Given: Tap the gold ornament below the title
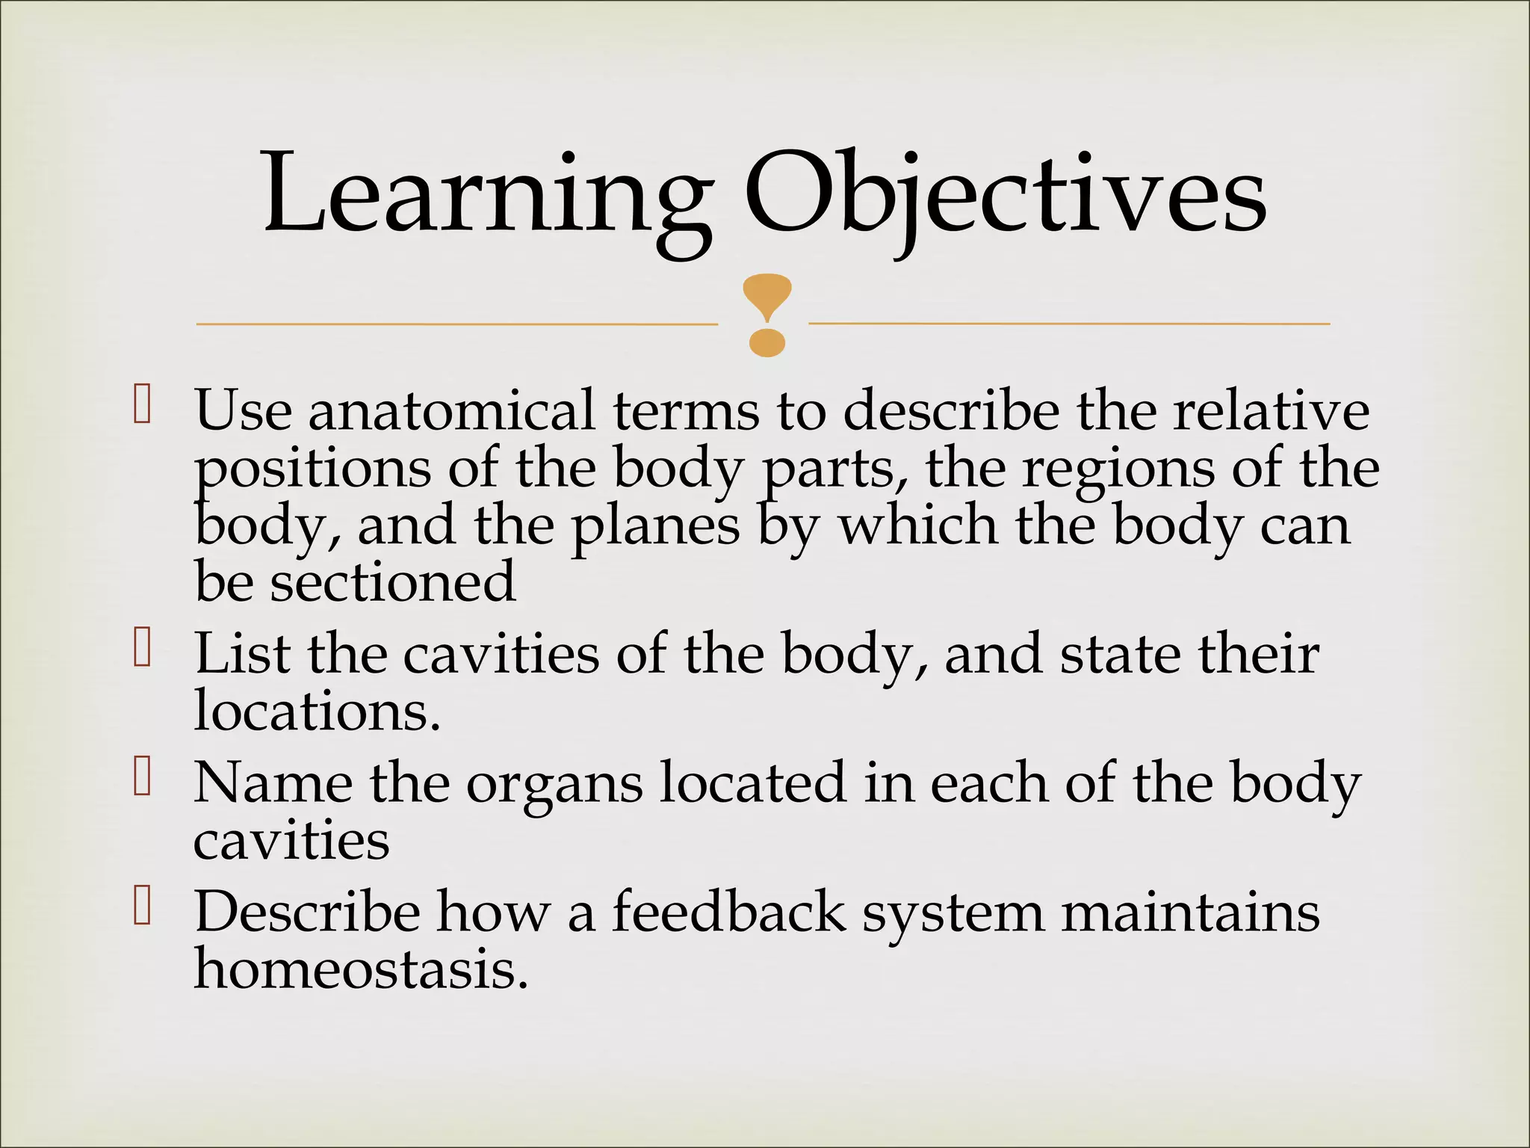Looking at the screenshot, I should tap(767, 315).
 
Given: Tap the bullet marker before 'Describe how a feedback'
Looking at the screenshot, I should tap(142, 907).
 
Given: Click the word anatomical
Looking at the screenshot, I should tap(452, 410).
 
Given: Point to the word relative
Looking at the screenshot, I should tap(1271, 410).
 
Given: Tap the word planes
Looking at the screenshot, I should tap(655, 528).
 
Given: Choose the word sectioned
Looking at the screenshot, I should tap(392, 583).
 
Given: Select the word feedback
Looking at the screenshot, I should tap(729, 913).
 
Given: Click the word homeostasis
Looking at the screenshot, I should tap(361, 970).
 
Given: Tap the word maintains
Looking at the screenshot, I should tap(1190, 913).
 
